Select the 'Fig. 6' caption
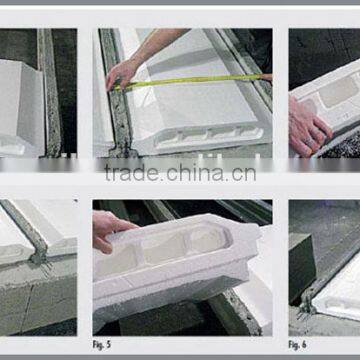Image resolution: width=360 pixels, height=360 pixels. (x=298, y=343)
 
